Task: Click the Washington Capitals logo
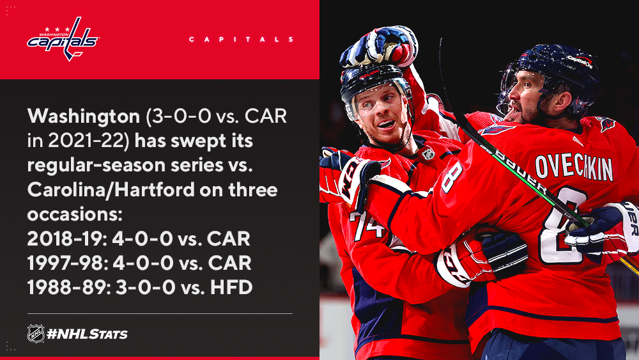tap(63, 39)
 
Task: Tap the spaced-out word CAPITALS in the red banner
tap(242, 40)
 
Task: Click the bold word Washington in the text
tap(84, 117)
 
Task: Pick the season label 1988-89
tap(67, 288)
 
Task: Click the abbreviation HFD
tap(231, 288)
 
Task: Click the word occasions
tap(75, 215)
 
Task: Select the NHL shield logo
tap(36, 334)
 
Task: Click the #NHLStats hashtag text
tap(87, 334)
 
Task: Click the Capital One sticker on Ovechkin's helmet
tap(580, 61)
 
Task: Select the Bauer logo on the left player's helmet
tap(369, 75)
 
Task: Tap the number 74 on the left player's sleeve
tap(368, 226)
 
